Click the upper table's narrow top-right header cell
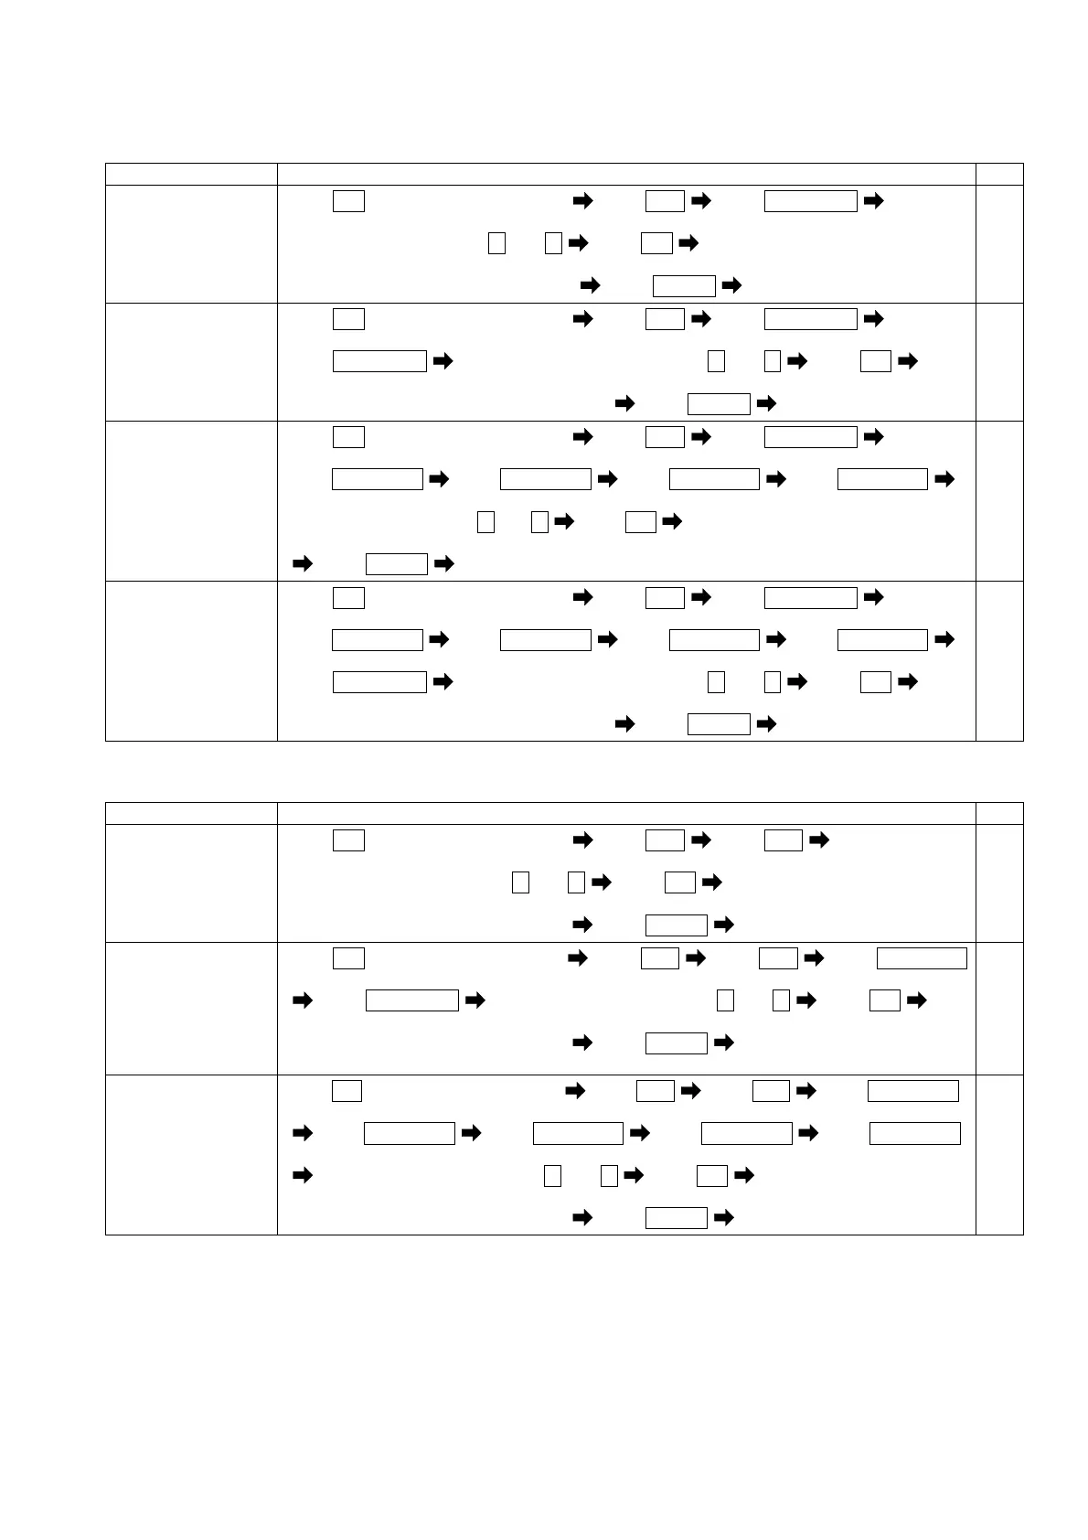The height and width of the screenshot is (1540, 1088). [x=998, y=174]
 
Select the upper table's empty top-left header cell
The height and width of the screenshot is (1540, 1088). [x=191, y=174]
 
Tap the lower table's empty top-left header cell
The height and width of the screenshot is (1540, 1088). [x=191, y=813]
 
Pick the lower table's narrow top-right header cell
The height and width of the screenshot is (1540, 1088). [x=998, y=813]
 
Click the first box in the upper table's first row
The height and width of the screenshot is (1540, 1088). [x=348, y=201]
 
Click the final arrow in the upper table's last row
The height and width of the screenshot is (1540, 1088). [x=768, y=724]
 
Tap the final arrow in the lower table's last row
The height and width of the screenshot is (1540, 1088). [x=723, y=1217]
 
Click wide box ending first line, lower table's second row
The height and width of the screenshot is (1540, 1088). [x=922, y=958]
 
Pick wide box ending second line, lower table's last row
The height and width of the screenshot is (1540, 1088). [x=914, y=1133]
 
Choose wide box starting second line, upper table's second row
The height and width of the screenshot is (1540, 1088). [x=379, y=361]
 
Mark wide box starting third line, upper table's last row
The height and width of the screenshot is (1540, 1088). [x=379, y=681]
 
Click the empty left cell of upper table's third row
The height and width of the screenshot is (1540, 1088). [x=191, y=500]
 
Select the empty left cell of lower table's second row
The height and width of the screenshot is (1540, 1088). [x=191, y=1008]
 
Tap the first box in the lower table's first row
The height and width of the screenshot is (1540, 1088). [x=348, y=840]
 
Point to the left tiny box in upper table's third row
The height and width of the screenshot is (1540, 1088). [x=485, y=522]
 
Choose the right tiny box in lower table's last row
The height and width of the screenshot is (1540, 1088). [x=609, y=1175]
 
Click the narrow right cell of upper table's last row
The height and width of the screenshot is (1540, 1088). [x=998, y=660]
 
